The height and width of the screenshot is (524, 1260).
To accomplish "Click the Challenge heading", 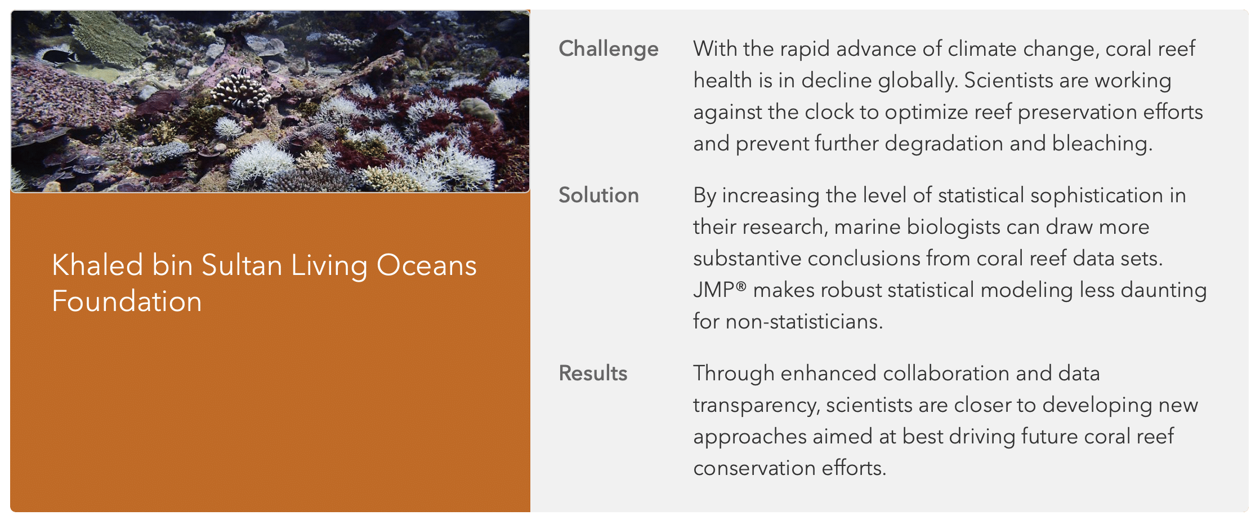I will [x=608, y=49].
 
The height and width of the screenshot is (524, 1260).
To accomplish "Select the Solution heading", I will [x=598, y=195].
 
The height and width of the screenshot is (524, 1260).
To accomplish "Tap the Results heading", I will [x=593, y=373].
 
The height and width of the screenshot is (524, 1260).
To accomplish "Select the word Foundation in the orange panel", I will [x=127, y=301].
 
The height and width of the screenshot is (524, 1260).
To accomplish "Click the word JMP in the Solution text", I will [x=713, y=290].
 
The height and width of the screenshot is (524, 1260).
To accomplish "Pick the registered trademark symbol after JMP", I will [x=741, y=286].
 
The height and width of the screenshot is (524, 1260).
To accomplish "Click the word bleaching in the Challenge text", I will [x=1102, y=144].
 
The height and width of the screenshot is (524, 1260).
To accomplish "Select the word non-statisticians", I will [x=804, y=321].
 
